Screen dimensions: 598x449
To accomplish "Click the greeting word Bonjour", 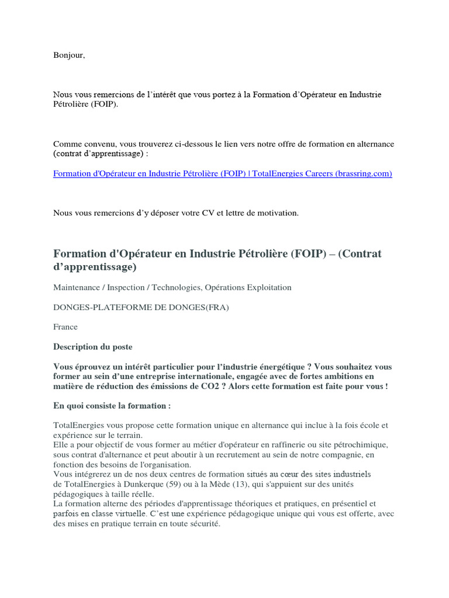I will pyautogui.click(x=69, y=55).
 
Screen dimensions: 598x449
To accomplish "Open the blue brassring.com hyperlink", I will pyautogui.click(x=222, y=173).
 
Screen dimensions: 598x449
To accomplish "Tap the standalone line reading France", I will pyautogui.click(x=65, y=327).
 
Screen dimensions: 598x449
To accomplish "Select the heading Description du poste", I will pyautogui.click(x=93, y=347).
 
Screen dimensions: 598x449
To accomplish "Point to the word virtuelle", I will pyautogui.click(x=128, y=514).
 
